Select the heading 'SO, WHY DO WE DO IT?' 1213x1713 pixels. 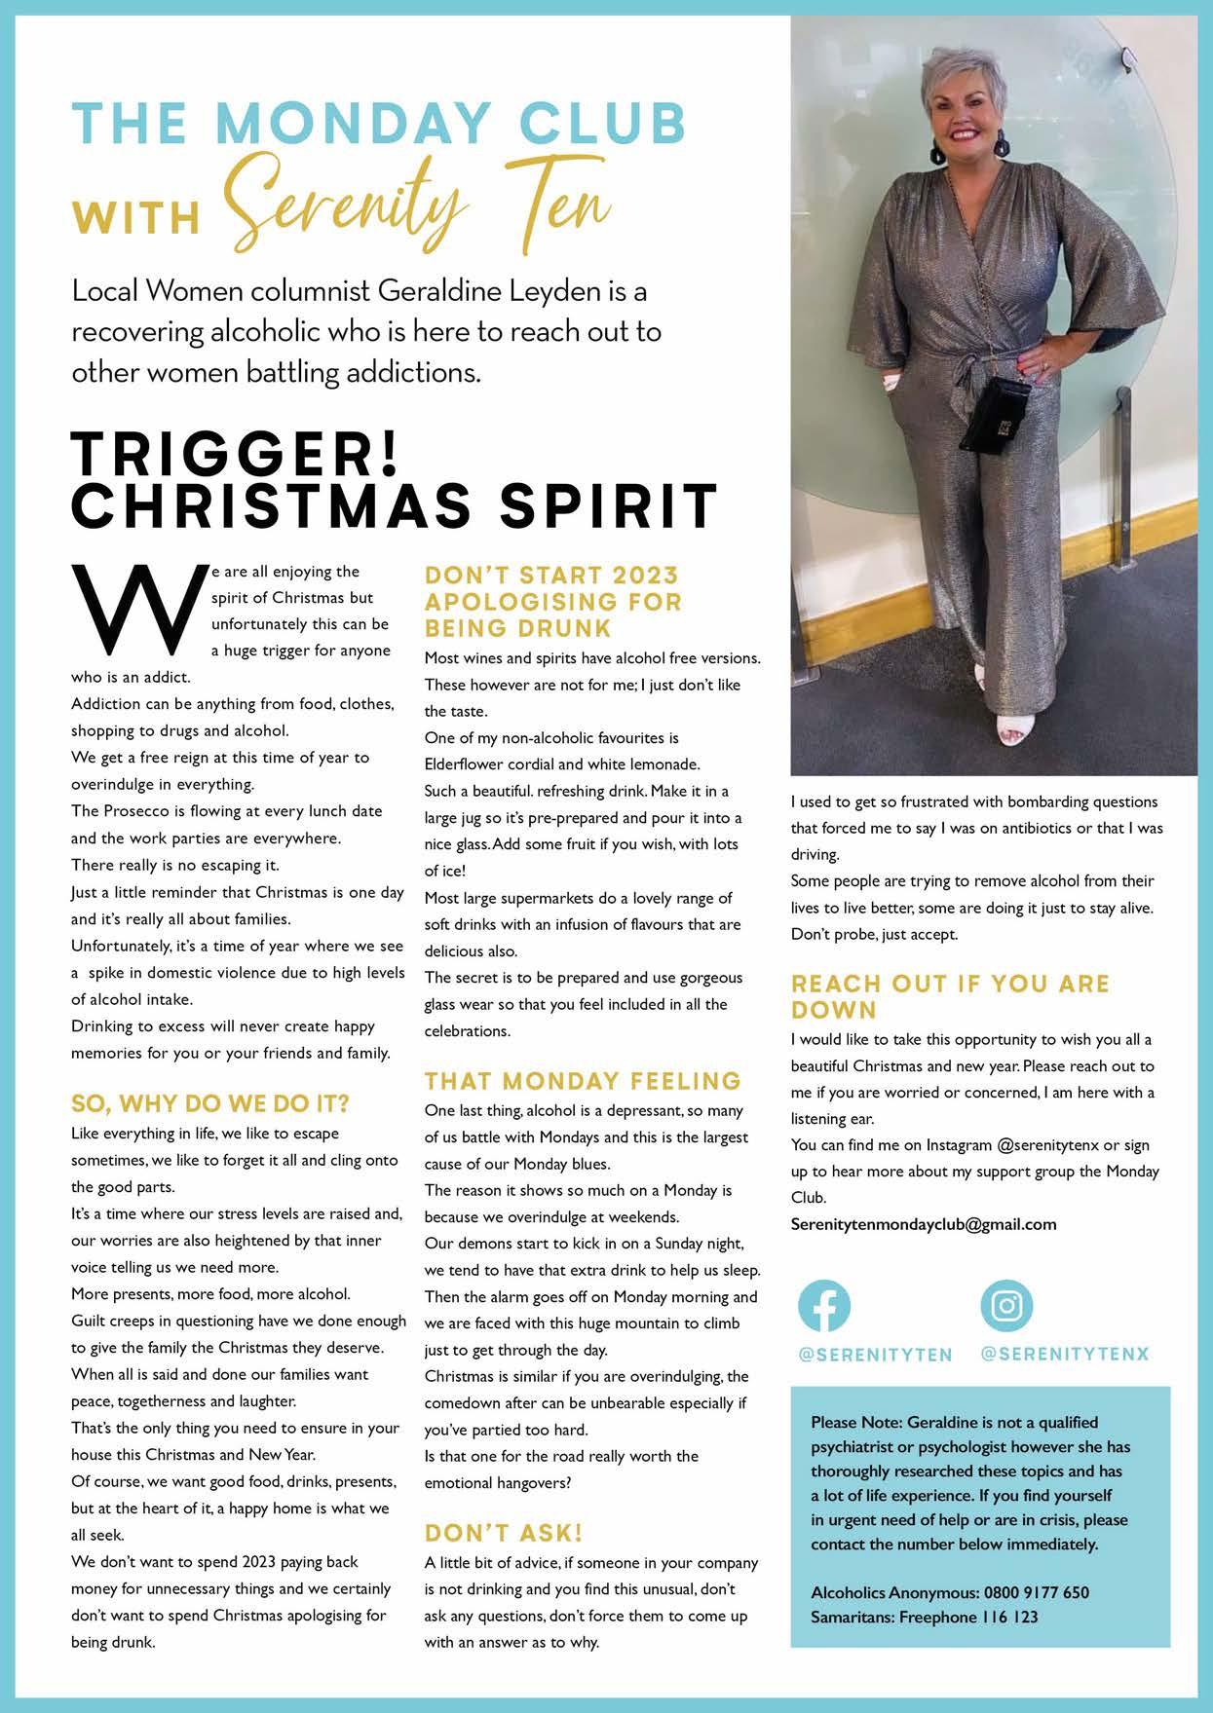tap(209, 1103)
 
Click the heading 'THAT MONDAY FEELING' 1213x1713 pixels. tap(583, 1080)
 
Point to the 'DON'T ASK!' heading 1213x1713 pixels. tap(504, 1532)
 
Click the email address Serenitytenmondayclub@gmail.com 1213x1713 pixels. tap(923, 1224)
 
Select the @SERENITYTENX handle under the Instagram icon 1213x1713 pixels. tap(1065, 1354)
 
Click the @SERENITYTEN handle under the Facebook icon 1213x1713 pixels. tap(875, 1354)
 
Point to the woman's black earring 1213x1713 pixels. tap(939, 153)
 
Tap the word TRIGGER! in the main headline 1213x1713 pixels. tap(235, 453)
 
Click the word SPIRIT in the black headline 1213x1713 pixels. tap(599, 504)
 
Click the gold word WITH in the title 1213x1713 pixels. tap(136, 216)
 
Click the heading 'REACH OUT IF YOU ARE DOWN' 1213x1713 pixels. tap(949, 995)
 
